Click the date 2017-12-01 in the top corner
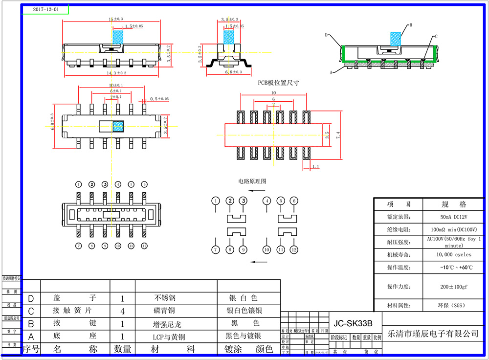pyautogui.click(x=45, y=9)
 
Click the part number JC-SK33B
pyautogui.click(x=352, y=323)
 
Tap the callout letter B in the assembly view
pyautogui.click(x=411, y=24)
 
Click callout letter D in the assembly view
pyautogui.click(x=326, y=35)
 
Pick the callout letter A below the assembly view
pyautogui.click(x=331, y=71)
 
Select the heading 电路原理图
pyautogui.click(x=252, y=181)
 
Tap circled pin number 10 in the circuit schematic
pyautogui.click(x=267, y=249)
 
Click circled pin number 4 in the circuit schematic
pyautogui.click(x=267, y=201)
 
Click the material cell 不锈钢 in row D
pyautogui.click(x=165, y=298)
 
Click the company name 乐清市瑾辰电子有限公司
pyautogui.click(x=432, y=334)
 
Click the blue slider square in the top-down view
pyautogui.click(x=118, y=126)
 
